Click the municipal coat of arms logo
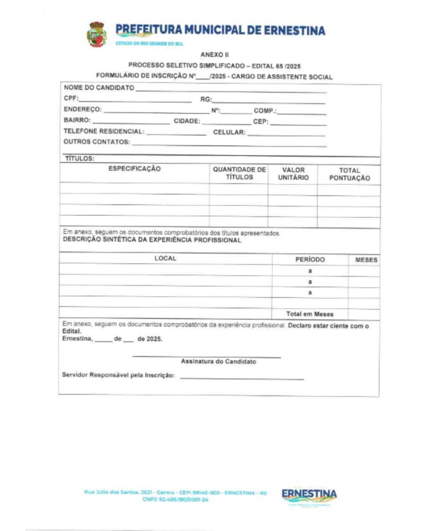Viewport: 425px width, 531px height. [97, 35]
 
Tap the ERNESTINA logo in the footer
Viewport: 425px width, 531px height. [309, 495]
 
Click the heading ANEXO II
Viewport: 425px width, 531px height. [214, 55]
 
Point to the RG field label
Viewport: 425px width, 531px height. [207, 100]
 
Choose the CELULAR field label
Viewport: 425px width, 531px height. [229, 132]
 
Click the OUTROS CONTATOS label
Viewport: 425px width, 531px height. [97, 142]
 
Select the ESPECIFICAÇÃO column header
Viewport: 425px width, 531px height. [135, 169]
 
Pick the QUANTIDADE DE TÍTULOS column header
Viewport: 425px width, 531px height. [240, 173]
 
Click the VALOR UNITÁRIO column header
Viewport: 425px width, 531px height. [293, 173]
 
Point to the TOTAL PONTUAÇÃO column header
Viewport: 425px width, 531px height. [349, 174]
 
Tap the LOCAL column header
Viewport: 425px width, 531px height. [165, 258]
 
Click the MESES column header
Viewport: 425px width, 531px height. [366, 260]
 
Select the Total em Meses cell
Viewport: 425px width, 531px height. [310, 314]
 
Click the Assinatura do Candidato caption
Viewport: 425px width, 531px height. [218, 362]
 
